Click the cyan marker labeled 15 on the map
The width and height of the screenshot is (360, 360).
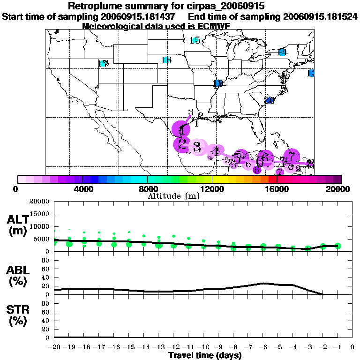[x=195, y=40]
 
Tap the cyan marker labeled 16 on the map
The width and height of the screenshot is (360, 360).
[x=166, y=60]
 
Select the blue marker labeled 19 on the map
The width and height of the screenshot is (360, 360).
[x=218, y=83]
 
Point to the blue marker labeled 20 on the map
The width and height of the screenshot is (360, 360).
[x=269, y=100]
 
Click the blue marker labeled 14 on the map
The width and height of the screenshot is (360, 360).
[x=282, y=52]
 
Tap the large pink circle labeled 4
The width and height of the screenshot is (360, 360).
[x=215, y=151]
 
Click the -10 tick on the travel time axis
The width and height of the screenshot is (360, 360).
[x=203, y=347]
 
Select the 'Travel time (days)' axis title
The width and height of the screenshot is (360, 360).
[x=205, y=355]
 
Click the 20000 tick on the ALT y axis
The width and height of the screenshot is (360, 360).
[x=39, y=202]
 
